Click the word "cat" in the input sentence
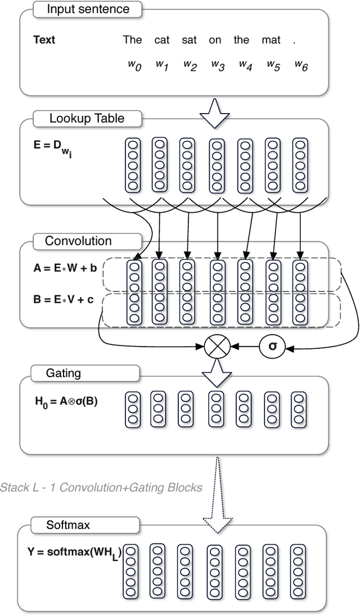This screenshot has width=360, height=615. point(162,40)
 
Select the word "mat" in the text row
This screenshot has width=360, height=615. point(271,40)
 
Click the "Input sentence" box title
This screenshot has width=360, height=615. point(88,9)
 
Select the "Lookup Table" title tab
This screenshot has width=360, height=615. point(87,118)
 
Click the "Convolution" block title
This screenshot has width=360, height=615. point(78,241)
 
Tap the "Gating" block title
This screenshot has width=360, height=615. point(64,373)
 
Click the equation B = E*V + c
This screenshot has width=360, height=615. point(64,300)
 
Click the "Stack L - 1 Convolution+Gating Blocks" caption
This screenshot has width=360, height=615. point(101,487)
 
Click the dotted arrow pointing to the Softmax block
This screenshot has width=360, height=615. point(216,490)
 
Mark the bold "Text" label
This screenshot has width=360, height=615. point(44,40)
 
